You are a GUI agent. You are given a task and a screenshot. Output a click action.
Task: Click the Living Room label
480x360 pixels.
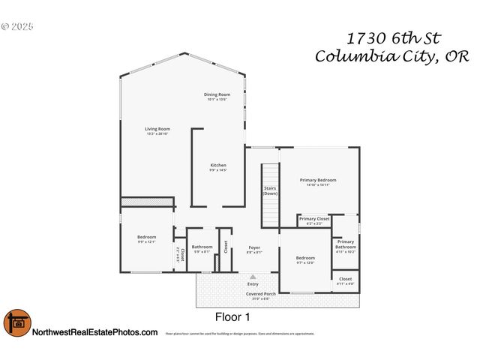pos(157,129)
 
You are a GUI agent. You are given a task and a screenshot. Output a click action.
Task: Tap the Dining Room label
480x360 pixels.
pos(216,94)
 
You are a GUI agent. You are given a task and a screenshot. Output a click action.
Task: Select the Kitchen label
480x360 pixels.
pos(218,165)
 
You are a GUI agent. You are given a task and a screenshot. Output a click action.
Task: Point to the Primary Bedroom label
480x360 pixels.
pos(318,180)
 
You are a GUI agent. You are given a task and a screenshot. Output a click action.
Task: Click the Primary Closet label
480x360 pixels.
pos(314,219)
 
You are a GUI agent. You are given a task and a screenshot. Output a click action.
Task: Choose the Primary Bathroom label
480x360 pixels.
pos(346,244)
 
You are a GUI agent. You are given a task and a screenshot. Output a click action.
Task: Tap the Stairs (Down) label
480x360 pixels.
pos(270,190)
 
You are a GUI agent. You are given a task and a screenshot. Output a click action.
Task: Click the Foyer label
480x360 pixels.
pos(254,247)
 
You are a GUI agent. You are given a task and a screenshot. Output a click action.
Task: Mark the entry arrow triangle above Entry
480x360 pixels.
pos(253,277)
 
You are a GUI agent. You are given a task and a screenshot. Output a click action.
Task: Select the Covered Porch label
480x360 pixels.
pos(261,294)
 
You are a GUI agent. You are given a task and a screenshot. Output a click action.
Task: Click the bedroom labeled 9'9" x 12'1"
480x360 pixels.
pos(146,238)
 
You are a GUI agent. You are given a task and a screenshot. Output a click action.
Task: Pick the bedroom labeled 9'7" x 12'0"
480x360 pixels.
pos(306,259)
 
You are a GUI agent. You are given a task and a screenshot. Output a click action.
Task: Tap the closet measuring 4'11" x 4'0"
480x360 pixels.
pos(346,280)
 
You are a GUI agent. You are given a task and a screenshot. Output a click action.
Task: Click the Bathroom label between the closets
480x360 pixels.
pos(202,247)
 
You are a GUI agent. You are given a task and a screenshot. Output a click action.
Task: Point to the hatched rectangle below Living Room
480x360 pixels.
pos(147,202)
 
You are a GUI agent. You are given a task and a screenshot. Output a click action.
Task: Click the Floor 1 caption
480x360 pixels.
pos(232,316)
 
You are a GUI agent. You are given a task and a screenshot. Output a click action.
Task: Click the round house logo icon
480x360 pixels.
pos(16,323)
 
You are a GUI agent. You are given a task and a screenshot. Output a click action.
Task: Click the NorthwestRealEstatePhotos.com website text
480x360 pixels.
pos(95,332)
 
